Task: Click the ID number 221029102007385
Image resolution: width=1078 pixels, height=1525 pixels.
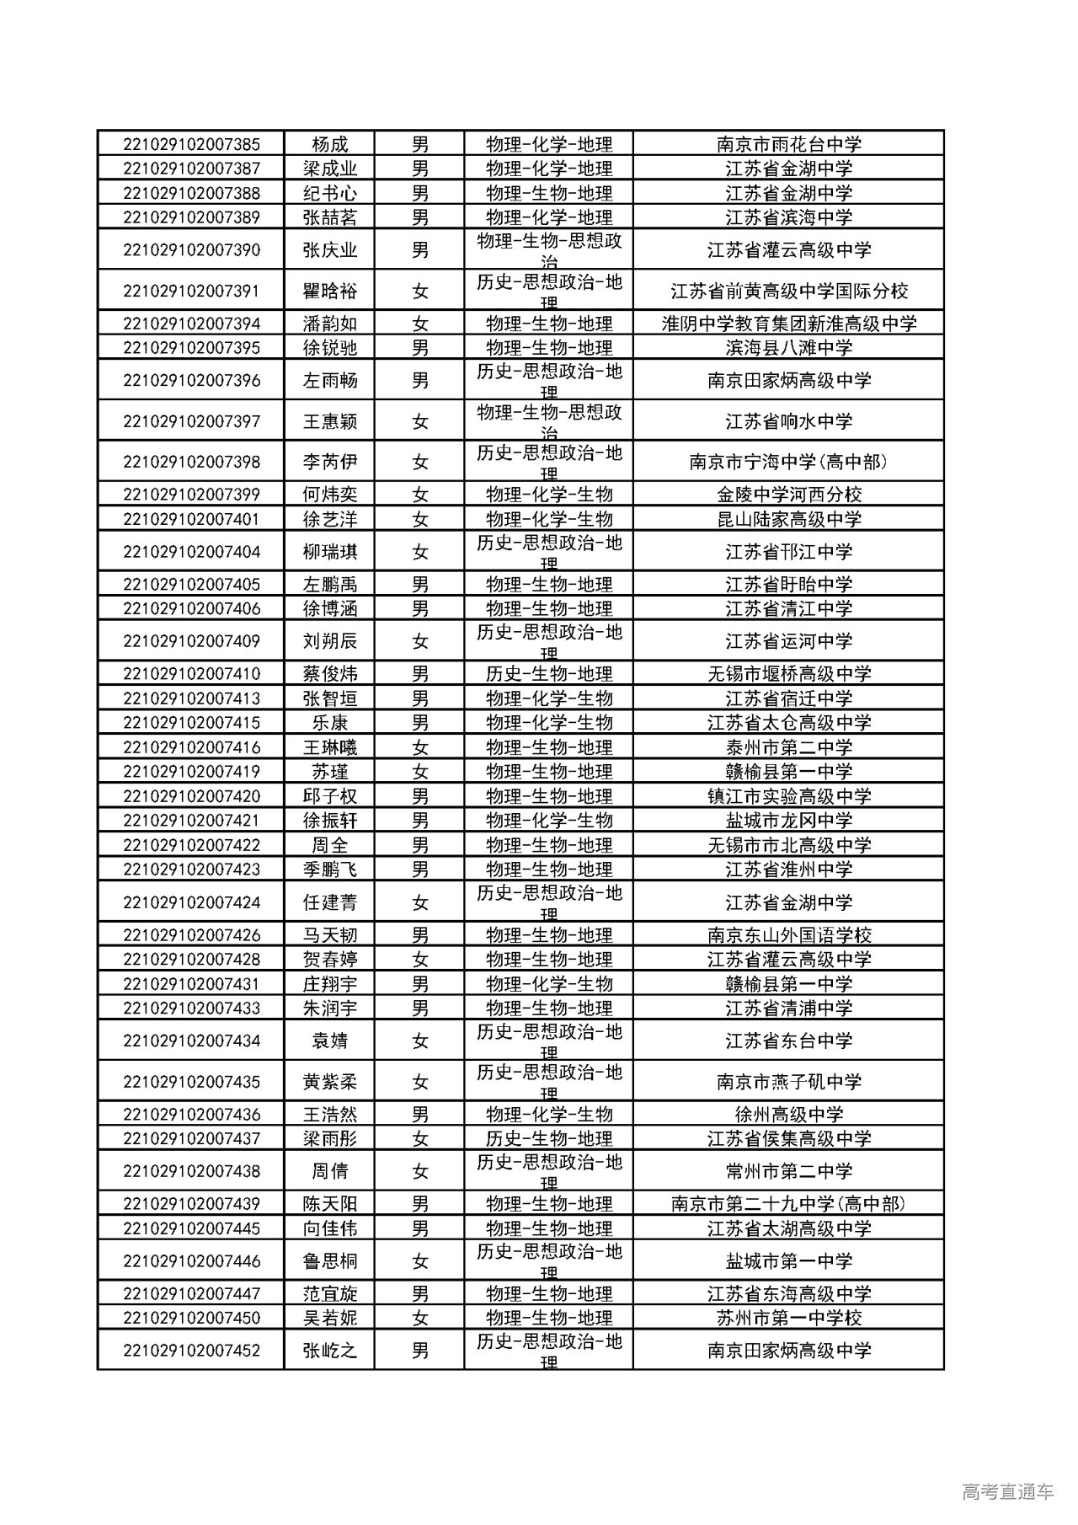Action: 191,144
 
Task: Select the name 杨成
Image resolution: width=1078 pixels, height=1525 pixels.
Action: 330,144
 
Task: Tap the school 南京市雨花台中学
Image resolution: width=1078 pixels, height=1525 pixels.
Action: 788,144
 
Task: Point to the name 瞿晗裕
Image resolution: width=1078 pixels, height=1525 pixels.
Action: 330,292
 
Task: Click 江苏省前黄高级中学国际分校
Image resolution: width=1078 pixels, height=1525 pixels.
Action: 788,292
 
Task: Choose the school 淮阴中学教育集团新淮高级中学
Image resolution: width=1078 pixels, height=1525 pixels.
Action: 788,324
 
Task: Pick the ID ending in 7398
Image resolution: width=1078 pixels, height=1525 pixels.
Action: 191,462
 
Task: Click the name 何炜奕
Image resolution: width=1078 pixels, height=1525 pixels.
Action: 330,495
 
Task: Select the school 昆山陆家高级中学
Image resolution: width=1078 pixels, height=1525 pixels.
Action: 788,519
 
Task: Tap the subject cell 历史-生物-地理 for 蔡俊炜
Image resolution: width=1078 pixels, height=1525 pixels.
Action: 548,674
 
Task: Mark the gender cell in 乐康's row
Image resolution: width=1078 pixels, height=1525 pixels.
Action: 419,723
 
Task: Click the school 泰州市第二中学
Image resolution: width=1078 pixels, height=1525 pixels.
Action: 788,747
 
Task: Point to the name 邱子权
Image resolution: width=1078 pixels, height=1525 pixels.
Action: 330,796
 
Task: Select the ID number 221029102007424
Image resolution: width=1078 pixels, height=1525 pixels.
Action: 191,902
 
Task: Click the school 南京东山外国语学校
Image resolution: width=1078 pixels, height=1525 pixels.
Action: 788,935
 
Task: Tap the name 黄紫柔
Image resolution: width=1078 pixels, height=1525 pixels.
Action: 330,1082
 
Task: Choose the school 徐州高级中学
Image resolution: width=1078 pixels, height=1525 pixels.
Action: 788,1115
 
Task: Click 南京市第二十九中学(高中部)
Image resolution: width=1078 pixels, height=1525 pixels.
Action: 788,1204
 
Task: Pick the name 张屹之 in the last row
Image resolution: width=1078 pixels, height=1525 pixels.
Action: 330,1351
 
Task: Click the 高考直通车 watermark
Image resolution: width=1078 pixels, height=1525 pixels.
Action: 1007,1492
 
